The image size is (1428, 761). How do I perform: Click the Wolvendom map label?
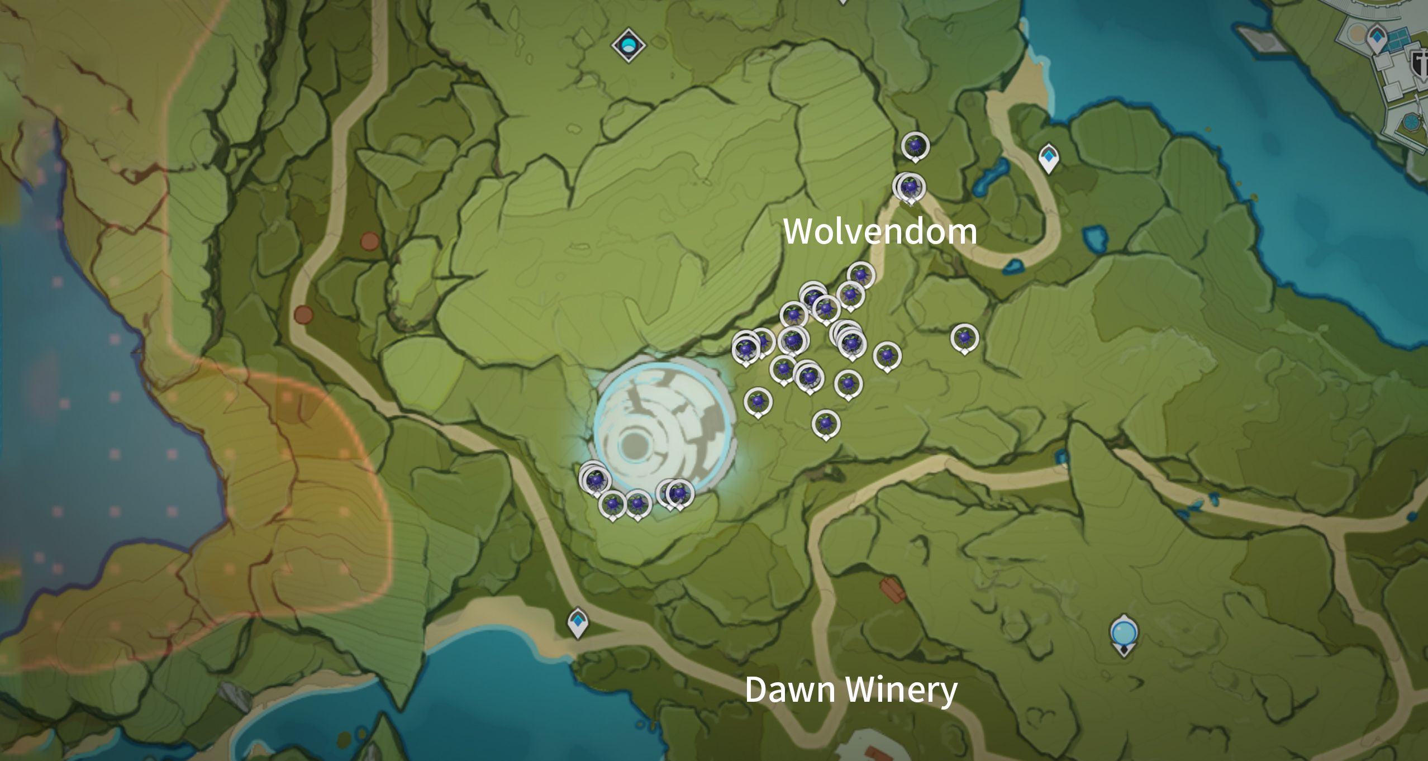(x=879, y=231)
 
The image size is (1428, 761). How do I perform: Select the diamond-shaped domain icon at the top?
(x=629, y=45)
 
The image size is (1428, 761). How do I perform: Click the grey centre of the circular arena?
(x=635, y=445)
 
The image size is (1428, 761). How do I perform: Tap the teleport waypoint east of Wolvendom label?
(x=1049, y=158)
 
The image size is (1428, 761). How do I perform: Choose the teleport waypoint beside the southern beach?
(x=578, y=621)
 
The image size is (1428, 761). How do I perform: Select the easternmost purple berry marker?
(x=964, y=337)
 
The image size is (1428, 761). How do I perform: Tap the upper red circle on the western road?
(x=369, y=241)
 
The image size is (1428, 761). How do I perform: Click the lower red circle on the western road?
(x=303, y=315)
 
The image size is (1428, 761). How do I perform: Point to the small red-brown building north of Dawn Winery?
(x=892, y=590)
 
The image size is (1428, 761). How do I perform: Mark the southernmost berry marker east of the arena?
(x=826, y=424)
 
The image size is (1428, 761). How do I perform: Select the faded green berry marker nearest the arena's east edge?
(x=758, y=401)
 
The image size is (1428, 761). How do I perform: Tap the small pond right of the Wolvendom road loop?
(x=1094, y=239)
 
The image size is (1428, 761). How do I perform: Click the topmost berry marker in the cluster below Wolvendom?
(x=861, y=274)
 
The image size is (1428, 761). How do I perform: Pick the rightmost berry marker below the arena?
(x=680, y=493)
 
